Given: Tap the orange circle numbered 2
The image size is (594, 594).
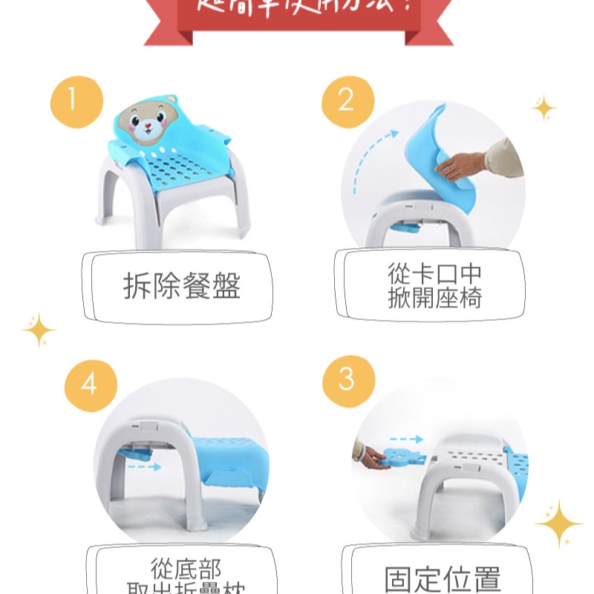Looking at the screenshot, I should (347, 102).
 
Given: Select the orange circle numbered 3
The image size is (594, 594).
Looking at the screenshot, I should (347, 379).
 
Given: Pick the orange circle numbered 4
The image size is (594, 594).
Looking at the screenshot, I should (91, 385).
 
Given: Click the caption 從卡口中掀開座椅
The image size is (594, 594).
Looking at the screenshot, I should (434, 286).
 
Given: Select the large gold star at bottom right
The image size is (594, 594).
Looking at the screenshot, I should (558, 523).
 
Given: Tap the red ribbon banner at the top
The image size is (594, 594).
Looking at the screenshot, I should (297, 19).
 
